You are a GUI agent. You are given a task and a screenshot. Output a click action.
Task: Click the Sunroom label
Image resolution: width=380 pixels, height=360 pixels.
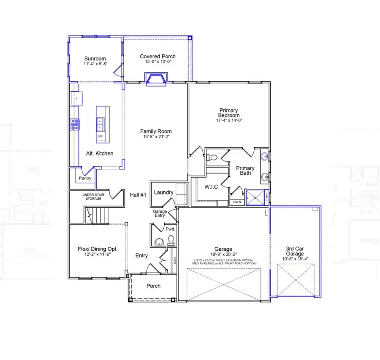(x=95, y=59)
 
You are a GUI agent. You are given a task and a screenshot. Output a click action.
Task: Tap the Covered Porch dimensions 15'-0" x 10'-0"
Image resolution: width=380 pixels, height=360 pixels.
(x=157, y=62)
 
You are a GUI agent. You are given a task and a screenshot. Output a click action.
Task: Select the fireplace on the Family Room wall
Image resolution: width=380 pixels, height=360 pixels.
(x=156, y=78)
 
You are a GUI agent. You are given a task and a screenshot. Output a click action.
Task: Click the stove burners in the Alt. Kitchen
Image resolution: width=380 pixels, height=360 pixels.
(x=75, y=123)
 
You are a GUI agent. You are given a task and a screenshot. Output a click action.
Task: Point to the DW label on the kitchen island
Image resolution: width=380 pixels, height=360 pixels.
(x=100, y=137)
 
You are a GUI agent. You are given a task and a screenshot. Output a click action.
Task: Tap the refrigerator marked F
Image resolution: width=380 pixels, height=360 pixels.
(x=76, y=99)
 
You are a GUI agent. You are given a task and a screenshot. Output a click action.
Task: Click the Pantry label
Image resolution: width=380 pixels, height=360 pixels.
(x=85, y=178)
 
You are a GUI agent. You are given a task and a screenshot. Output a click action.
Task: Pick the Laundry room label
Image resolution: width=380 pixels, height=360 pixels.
(x=163, y=192)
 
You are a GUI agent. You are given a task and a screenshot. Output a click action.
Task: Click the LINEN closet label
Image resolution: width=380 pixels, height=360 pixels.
(x=237, y=202)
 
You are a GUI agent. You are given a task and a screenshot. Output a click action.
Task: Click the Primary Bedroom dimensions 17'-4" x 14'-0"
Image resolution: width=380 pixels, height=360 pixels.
(x=228, y=120)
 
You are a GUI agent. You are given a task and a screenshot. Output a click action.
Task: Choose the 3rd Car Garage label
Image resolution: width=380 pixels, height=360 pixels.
(x=294, y=251)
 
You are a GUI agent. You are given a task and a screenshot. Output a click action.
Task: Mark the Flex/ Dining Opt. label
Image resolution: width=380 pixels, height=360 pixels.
(x=98, y=249)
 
